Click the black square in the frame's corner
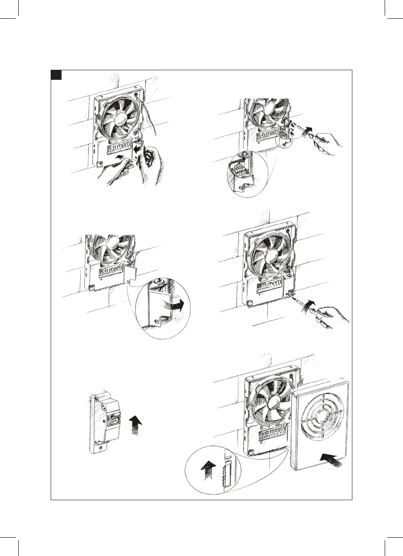pos(55,75)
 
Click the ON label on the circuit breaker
pos(114,421)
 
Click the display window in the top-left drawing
pos(117,152)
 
